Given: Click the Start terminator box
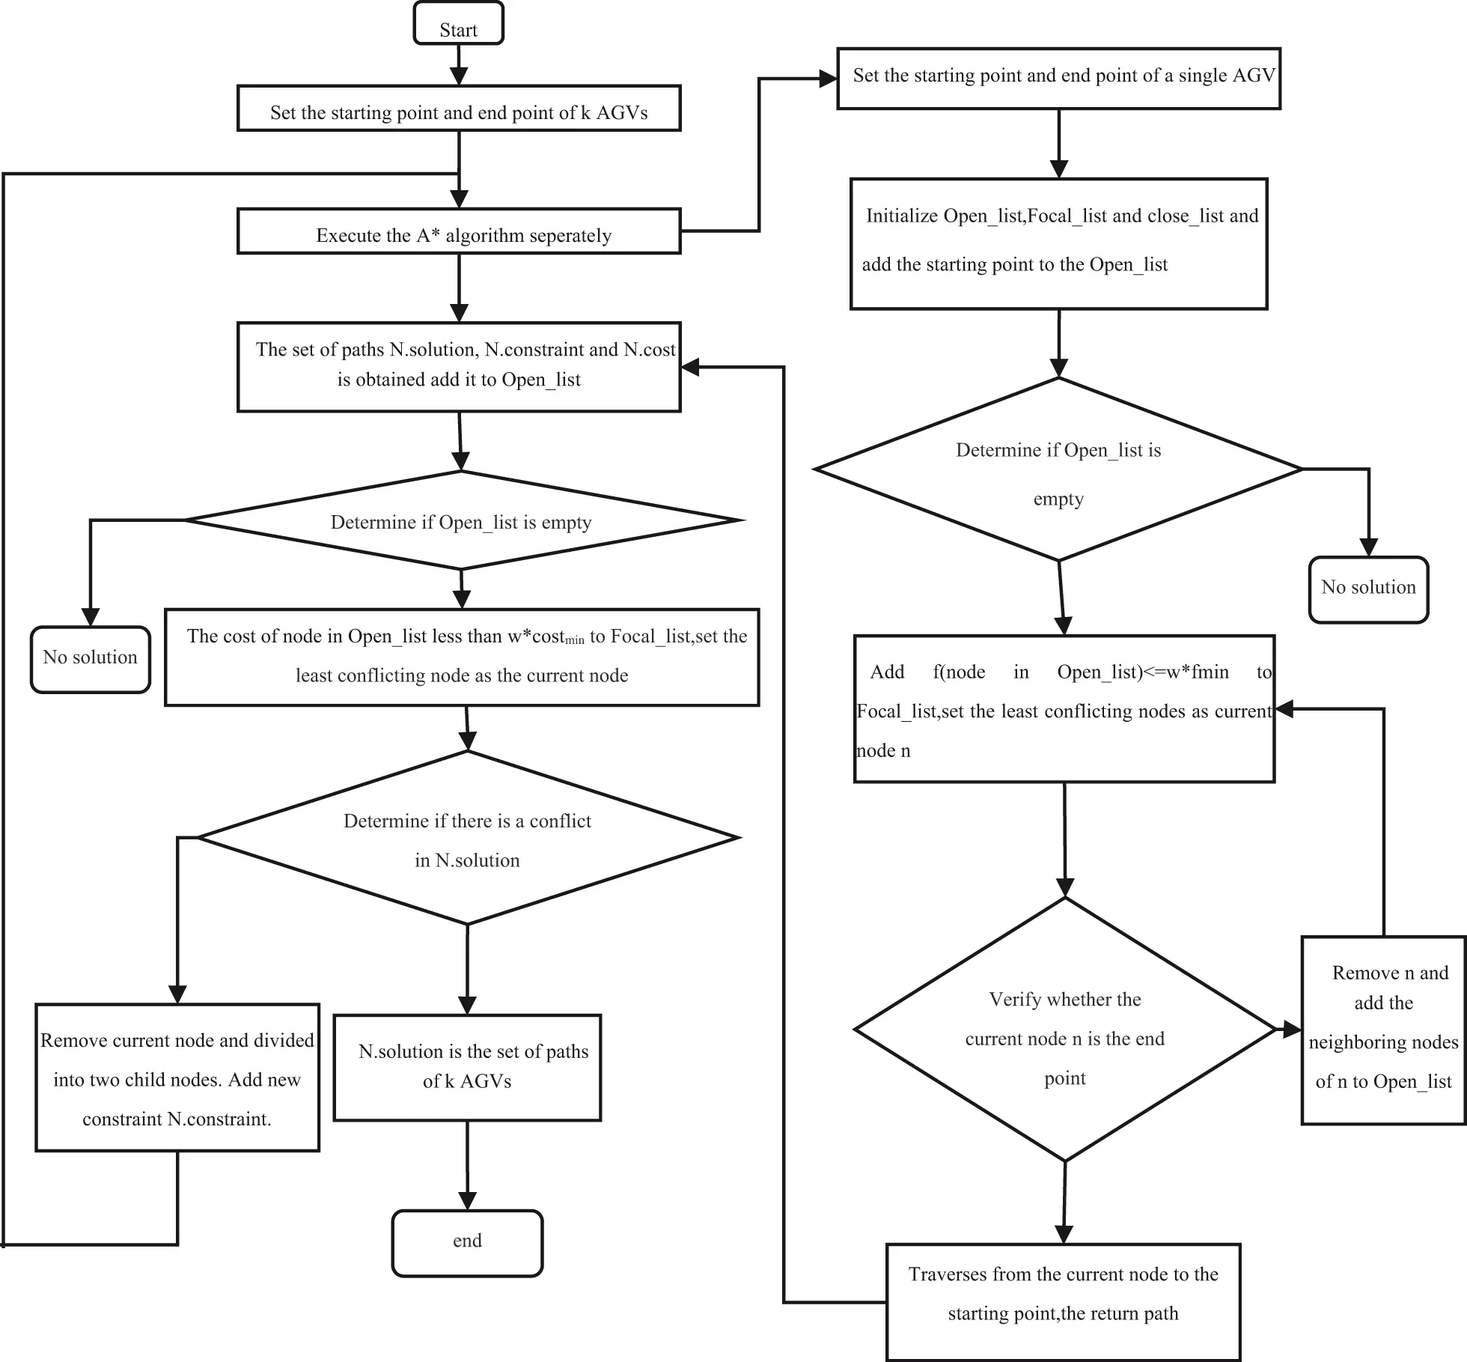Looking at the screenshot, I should click(458, 24).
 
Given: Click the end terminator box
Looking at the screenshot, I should click(467, 1243).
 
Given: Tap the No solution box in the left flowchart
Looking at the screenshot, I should click(90, 659).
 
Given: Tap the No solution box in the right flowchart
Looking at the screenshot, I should click(1368, 589).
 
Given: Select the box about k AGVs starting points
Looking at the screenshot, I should click(459, 109).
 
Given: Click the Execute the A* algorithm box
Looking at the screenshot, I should click(459, 232).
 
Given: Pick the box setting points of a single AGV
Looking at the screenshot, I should click(1058, 79).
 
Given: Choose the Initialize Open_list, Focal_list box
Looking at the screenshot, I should click(1058, 243).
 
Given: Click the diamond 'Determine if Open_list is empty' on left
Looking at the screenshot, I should click(462, 521).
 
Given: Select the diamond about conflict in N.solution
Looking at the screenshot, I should click(467, 839).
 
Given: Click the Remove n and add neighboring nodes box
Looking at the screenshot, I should click(1383, 1030).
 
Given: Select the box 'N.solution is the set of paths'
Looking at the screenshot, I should click(467, 1067).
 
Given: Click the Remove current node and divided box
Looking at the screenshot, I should click(177, 1077).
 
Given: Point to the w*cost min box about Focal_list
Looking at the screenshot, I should click(462, 657).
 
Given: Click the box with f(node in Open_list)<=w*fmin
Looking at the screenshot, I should click(1064, 709).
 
